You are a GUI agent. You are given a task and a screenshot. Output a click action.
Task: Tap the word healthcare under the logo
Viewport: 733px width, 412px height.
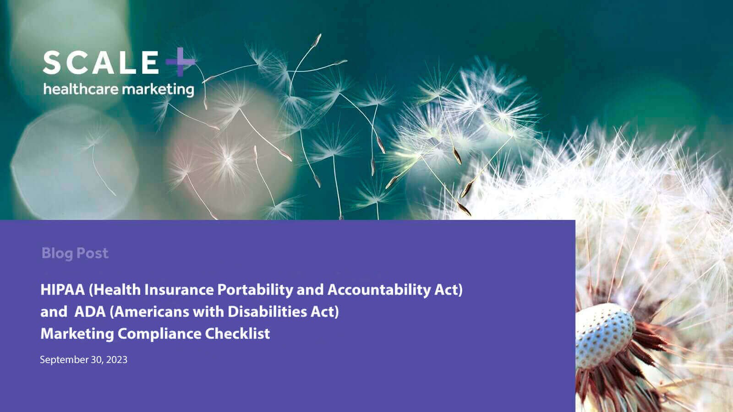[81, 88]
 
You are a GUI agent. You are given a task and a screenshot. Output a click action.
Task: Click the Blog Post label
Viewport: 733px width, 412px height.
[75, 253]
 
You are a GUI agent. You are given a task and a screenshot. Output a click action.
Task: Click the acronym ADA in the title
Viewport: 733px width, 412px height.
[89, 312]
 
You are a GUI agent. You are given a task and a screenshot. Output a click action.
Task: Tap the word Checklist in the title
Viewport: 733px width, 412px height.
[237, 334]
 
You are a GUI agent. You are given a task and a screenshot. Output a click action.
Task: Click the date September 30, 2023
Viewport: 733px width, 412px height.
[83, 360]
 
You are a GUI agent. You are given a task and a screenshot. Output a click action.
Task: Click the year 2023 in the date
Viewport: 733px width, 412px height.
[117, 360]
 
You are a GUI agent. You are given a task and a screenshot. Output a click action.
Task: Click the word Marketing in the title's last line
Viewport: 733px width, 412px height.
[77, 334]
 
